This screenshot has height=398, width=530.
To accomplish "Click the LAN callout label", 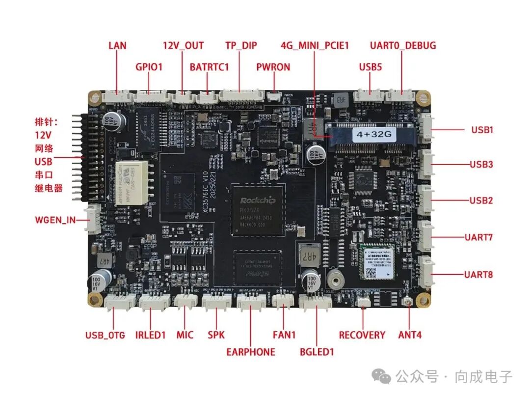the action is coord(117,46).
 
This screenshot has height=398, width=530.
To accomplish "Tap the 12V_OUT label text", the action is coord(183,46).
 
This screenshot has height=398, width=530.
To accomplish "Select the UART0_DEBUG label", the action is coord(402,46).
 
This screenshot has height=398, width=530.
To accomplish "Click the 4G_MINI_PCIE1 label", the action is coord(315,46).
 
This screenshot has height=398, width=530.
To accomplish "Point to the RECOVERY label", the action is coord(362,335).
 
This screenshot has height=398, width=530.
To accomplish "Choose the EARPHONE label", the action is coord(250,352).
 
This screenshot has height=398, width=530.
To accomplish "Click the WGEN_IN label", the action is coord(55,220).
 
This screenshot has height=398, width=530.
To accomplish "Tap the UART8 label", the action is coord(478,274).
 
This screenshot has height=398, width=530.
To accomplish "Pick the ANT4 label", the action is coord(410,335).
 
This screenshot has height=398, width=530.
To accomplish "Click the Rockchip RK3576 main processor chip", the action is coord(258,208).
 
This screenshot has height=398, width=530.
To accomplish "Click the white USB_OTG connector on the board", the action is coord(121,301).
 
